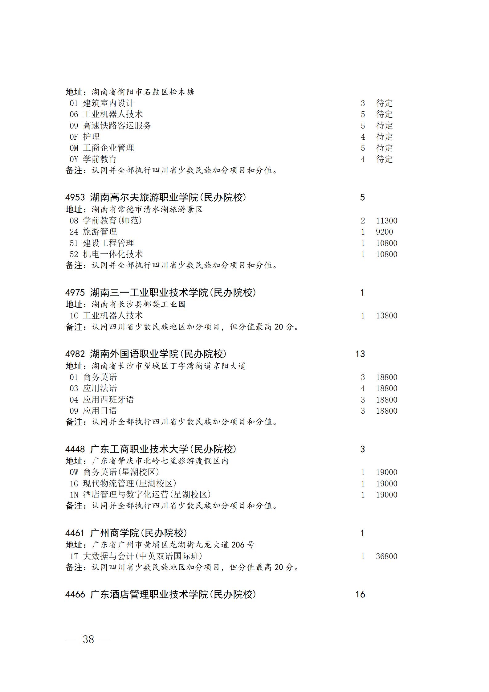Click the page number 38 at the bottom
tap(88, 639)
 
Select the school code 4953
tap(75, 198)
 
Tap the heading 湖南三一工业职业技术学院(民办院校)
tap(173, 293)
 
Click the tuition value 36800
tap(386, 556)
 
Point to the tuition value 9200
tap(384, 232)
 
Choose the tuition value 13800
tap(386, 316)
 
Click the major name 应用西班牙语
tap(108, 400)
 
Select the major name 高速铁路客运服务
tap(117, 126)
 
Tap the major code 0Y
tap(74, 159)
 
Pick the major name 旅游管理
tap(100, 232)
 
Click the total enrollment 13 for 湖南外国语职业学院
tap(360, 354)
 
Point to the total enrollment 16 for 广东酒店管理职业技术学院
tap(360, 594)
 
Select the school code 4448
tap(75, 449)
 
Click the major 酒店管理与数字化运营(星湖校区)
tap(147, 495)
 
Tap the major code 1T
tap(74, 556)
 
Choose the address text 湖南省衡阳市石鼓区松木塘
tap(143, 92)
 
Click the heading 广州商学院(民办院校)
tap(139, 533)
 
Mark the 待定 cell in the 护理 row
tap(384, 137)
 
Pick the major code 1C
tap(74, 316)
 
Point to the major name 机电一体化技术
tap(113, 254)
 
